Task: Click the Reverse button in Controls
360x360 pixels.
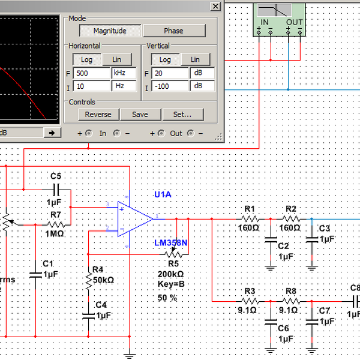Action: (x=98, y=115)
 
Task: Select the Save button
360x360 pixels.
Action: (x=140, y=115)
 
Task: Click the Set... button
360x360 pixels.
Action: (x=182, y=115)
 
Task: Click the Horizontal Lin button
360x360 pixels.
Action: (x=121, y=59)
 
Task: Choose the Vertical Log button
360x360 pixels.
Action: (x=164, y=59)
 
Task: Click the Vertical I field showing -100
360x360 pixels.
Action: (x=170, y=86)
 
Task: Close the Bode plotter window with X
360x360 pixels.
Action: (x=215, y=6)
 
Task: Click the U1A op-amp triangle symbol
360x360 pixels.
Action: (x=135, y=217)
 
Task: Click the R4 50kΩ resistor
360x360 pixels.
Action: (x=89, y=279)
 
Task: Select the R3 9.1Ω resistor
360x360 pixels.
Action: (x=250, y=301)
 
